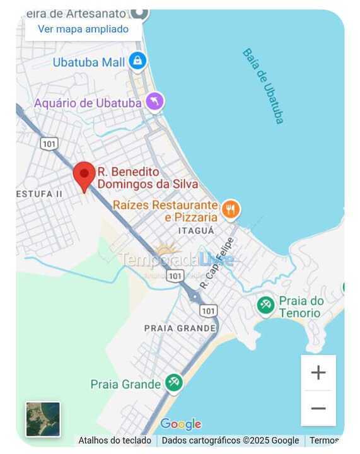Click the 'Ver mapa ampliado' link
pyautogui.click(x=83, y=29)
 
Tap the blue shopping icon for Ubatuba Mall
pyautogui.click(x=137, y=61)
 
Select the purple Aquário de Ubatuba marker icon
pyautogui.click(x=154, y=101)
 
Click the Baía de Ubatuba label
pyautogui.click(x=264, y=86)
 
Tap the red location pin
pyautogui.click(x=84, y=176)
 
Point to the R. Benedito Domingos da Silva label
pyautogui.click(x=148, y=178)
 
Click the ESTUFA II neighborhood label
pyautogui.click(x=39, y=194)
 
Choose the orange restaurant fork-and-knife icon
pyautogui.click(x=231, y=209)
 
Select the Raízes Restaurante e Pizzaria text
pyautogui.click(x=165, y=211)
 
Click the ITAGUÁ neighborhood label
pyautogui.click(x=196, y=231)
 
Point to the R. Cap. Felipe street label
pyautogui.click(x=217, y=263)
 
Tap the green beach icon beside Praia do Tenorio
pyautogui.click(x=265, y=305)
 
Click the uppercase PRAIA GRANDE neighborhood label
pyautogui.click(x=180, y=328)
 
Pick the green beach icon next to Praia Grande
pyautogui.click(x=174, y=382)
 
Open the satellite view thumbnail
pyautogui.click(x=43, y=419)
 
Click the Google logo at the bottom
pyautogui.click(x=180, y=424)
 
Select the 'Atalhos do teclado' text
pyautogui.click(x=115, y=441)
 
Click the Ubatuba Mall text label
pyautogui.click(x=89, y=62)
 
